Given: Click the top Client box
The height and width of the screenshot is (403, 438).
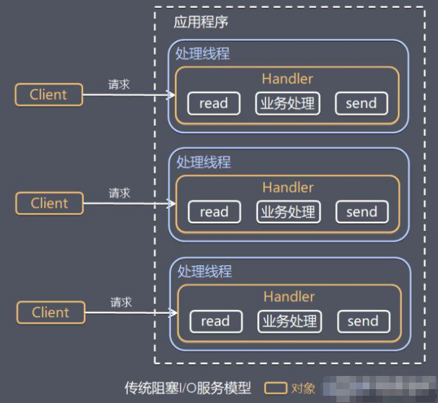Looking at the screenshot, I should point(49,94).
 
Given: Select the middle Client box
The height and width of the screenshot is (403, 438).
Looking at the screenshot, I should point(49,203).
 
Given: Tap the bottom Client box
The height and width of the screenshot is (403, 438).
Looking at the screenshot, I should point(50,312).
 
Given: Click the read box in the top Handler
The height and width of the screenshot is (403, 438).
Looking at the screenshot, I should point(213,104).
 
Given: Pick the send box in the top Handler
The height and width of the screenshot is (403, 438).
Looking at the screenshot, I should point(361,104).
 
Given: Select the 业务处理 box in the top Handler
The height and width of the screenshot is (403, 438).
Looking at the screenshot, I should point(287,104).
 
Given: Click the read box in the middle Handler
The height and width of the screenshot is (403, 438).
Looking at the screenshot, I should point(214,212).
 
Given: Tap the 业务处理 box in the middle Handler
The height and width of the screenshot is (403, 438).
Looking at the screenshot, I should point(288,212).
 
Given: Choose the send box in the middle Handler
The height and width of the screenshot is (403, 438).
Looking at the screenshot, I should point(361,212).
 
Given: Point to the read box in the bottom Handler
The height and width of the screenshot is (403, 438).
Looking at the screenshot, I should point(215,321).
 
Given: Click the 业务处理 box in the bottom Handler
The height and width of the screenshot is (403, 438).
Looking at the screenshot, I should point(290,321).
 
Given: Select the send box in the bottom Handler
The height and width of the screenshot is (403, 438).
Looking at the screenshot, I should point(363,321).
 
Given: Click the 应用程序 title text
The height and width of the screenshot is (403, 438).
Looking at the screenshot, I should point(201,22).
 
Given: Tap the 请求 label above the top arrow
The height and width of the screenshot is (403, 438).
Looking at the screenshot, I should point(119,84).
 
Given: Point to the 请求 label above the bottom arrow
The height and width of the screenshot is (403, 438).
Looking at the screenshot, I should point(121,302).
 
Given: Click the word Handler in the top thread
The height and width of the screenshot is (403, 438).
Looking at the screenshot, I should point(287,78).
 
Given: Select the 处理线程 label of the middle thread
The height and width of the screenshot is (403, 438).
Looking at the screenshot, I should point(203,162).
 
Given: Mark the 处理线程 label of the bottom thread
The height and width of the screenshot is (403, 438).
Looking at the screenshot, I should point(204,271).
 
